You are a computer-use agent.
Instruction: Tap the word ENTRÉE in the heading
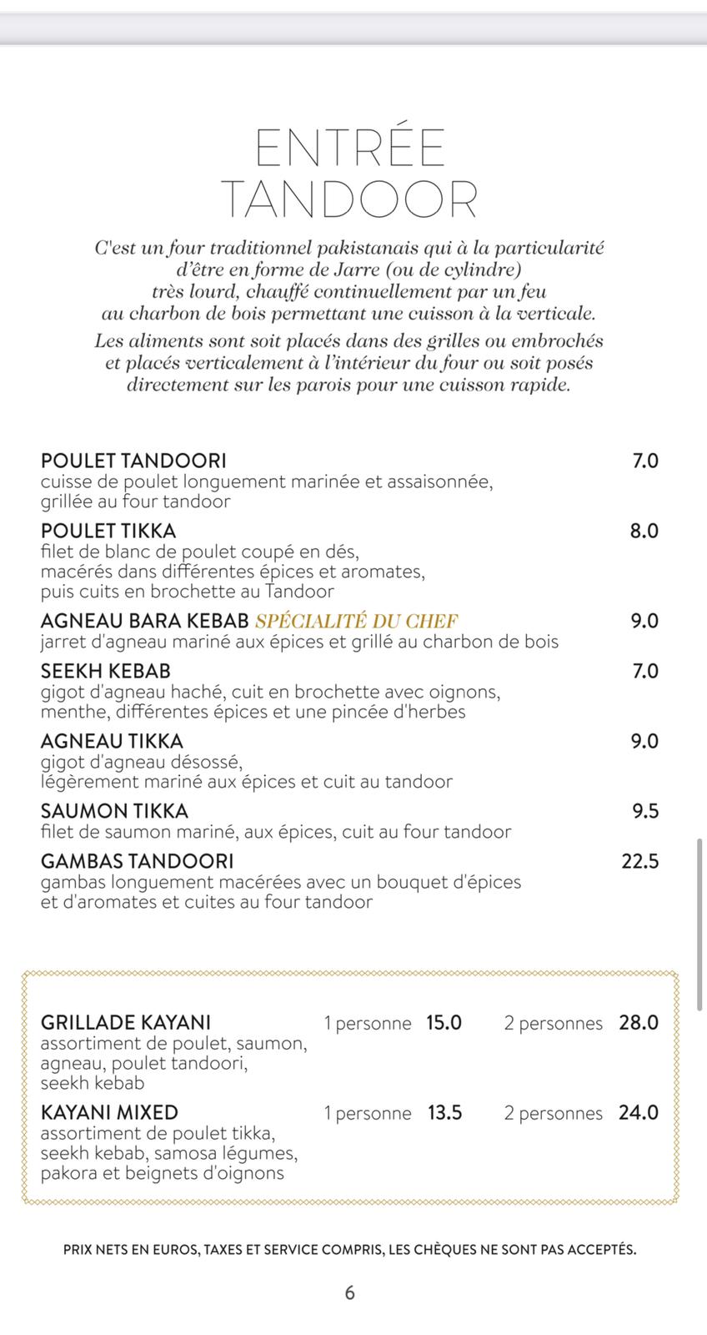click(x=350, y=149)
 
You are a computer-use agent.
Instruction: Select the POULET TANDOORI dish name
click(x=133, y=461)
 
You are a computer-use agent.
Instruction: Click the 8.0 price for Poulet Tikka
click(x=644, y=531)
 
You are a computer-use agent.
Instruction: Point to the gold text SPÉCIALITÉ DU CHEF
click(x=357, y=621)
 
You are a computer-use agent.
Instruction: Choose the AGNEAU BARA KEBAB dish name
click(x=145, y=621)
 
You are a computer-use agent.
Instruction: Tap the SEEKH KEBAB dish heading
click(x=106, y=671)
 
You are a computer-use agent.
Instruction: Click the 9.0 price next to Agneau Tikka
click(x=644, y=741)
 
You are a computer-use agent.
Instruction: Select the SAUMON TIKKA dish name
click(x=114, y=811)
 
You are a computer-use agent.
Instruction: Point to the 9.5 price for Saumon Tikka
click(x=644, y=811)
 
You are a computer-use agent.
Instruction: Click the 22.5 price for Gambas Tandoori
click(x=639, y=861)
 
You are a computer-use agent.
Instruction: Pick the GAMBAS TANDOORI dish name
click(x=137, y=861)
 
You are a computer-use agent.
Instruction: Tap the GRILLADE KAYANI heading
click(x=126, y=1023)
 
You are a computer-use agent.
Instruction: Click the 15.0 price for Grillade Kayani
click(x=444, y=1023)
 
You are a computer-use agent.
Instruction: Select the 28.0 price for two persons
click(x=638, y=1023)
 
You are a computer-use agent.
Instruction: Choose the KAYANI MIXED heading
click(x=109, y=1113)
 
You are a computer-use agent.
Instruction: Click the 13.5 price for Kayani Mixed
click(x=444, y=1113)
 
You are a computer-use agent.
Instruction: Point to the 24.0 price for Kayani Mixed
click(x=638, y=1113)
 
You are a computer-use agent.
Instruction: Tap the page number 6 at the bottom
click(x=350, y=1292)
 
